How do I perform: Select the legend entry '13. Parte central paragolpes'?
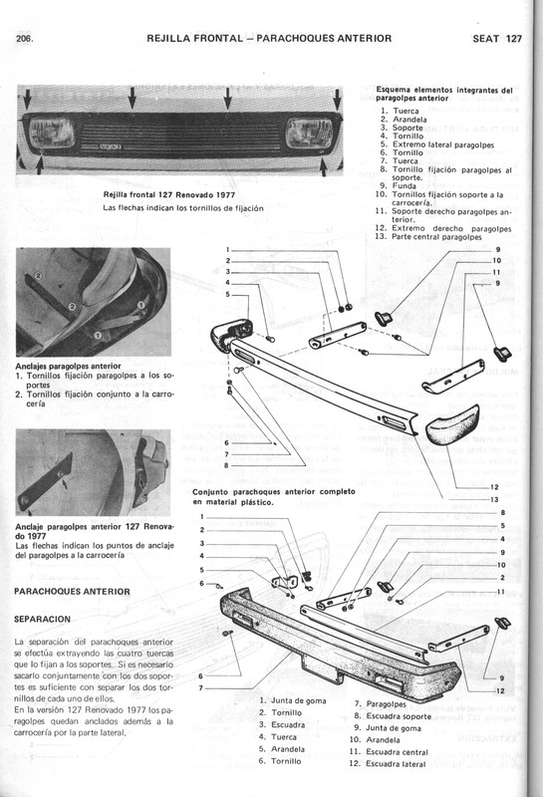[433, 236]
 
